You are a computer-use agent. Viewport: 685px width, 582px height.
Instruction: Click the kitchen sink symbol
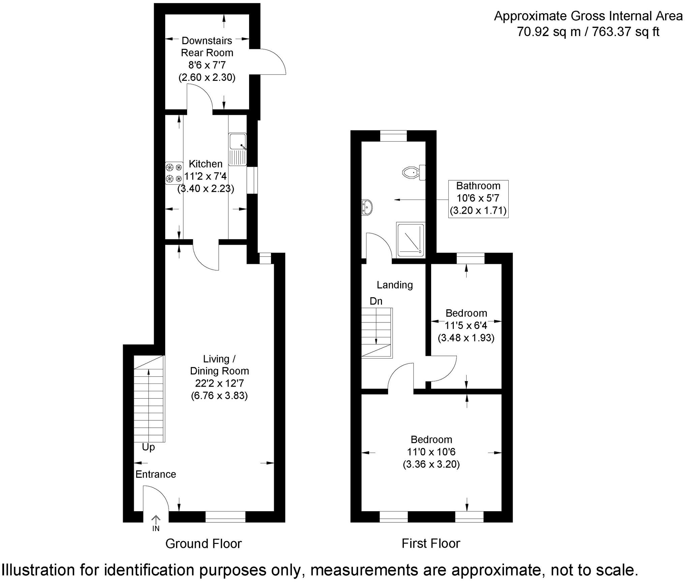pyautogui.click(x=238, y=149)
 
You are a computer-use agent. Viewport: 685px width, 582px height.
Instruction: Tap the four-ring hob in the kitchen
pyautogui.click(x=174, y=173)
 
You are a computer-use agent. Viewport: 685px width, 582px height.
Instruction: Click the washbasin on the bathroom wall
pyautogui.click(x=367, y=207)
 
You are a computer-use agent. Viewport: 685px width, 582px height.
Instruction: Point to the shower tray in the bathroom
pyautogui.click(x=410, y=239)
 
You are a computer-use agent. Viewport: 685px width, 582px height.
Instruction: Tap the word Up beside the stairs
pyautogui.click(x=148, y=447)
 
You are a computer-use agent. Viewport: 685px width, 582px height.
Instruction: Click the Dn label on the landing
pyautogui.click(x=376, y=301)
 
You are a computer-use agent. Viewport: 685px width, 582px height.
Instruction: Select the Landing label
pyautogui.click(x=394, y=285)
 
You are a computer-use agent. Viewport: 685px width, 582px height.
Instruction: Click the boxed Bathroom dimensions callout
pyautogui.click(x=478, y=198)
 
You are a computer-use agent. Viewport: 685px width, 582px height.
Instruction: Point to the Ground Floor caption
pyautogui.click(x=203, y=544)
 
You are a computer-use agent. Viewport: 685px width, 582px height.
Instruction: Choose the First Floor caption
pyautogui.click(x=430, y=543)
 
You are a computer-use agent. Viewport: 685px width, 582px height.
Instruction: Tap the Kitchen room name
pyautogui.click(x=205, y=164)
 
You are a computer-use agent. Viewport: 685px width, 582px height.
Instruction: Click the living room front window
pyautogui.click(x=225, y=517)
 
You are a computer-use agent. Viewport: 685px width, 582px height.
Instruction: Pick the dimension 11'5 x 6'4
pyautogui.click(x=466, y=326)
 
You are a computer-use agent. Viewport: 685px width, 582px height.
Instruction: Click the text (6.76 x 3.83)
pyautogui.click(x=219, y=395)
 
